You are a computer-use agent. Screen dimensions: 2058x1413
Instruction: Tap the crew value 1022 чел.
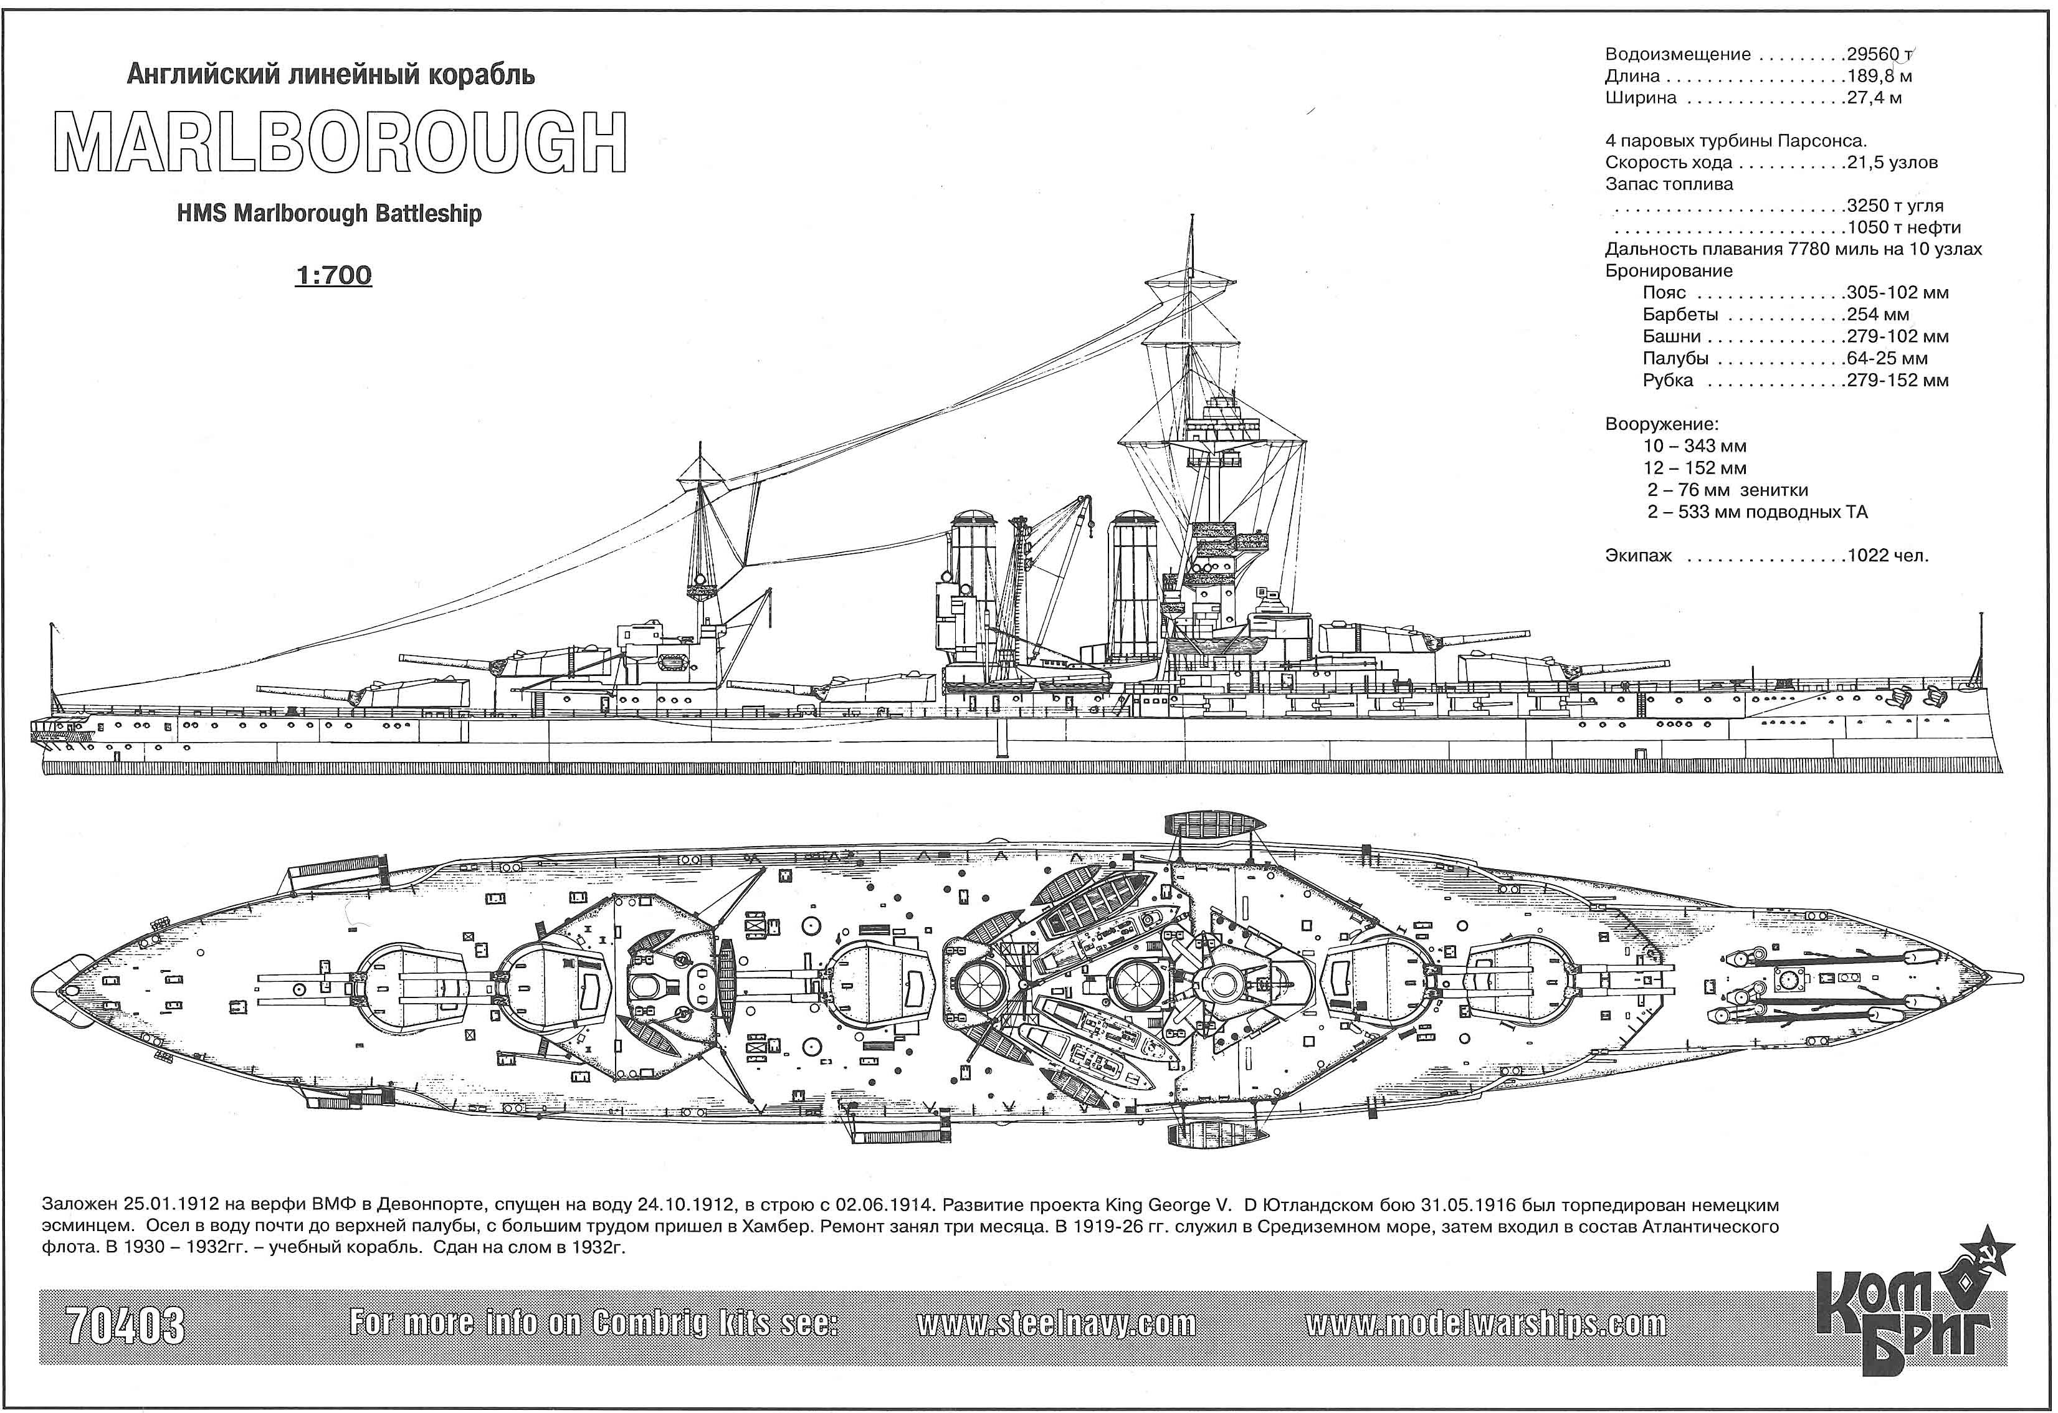coord(1887,556)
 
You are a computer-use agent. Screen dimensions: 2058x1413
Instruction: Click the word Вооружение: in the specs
coord(1661,424)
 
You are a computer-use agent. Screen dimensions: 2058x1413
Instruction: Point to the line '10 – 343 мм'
coord(1695,446)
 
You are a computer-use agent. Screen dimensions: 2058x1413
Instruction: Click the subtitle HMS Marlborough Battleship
coord(330,214)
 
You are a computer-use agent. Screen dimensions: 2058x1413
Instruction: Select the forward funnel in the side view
coord(1133,584)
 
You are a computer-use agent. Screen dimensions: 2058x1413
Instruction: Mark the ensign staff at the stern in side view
coord(51,669)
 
